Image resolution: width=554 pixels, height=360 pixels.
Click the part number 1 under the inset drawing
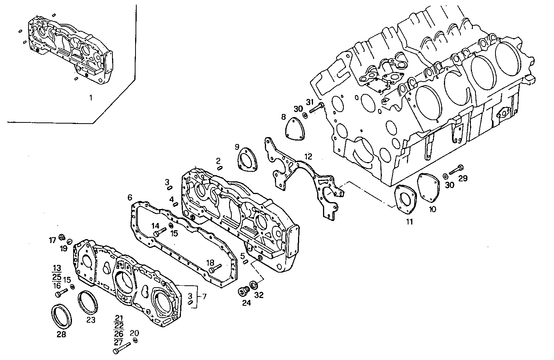coord(91,98)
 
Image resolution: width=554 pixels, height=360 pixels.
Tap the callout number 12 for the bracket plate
coord(308,157)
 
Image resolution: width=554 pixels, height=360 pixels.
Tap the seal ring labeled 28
coord(61,316)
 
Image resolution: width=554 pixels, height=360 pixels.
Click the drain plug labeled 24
coord(243,291)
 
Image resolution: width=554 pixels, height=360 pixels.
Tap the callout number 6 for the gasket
coord(130,198)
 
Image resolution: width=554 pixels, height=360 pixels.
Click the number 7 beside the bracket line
coord(204,296)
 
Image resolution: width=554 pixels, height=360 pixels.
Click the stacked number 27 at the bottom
coord(119,341)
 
